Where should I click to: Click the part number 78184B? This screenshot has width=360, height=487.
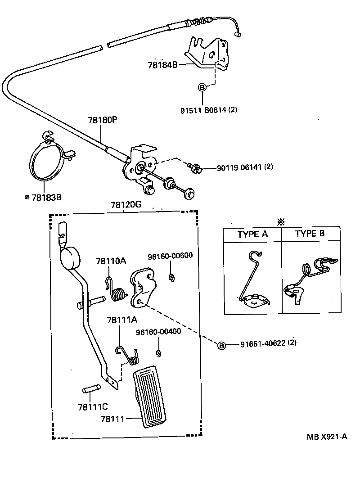click(x=163, y=64)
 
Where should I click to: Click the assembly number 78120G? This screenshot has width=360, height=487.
click(x=126, y=205)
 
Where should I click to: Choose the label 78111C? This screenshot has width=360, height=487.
click(x=92, y=407)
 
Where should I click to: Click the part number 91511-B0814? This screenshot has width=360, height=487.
click(x=202, y=109)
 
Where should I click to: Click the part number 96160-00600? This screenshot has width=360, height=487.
click(x=170, y=256)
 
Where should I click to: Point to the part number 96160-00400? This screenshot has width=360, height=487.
click(x=158, y=332)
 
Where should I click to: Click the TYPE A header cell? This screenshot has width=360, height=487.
click(x=252, y=234)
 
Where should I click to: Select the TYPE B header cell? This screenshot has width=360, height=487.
click(x=310, y=234)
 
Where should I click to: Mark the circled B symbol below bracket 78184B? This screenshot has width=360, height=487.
click(x=202, y=88)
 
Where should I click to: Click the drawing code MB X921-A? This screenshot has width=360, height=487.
click(x=327, y=437)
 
